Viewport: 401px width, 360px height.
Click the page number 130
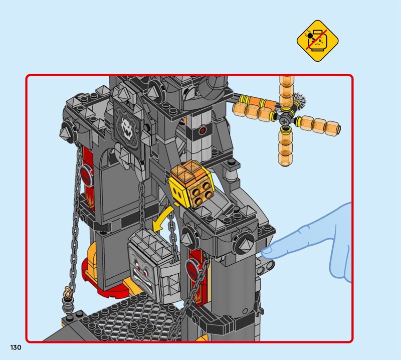pyautogui.click(x=16, y=347)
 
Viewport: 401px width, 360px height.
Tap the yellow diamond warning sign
pyautogui.click(x=318, y=41)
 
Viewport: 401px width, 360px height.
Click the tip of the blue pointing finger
pyautogui.click(x=264, y=253)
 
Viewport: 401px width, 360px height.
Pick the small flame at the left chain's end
pyautogui.click(x=68, y=292)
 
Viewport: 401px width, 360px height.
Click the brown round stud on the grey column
pyautogui.click(x=203, y=130)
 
